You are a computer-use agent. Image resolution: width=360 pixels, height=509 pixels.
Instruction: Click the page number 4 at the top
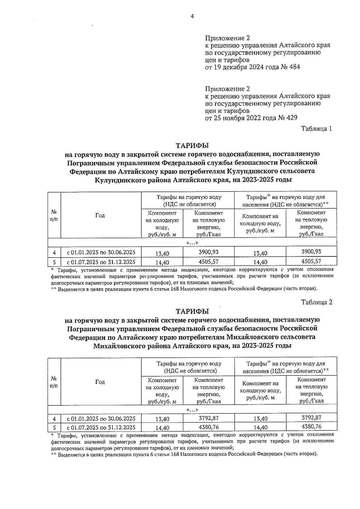[192, 17]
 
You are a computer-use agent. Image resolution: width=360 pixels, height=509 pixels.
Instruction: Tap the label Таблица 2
[316, 302]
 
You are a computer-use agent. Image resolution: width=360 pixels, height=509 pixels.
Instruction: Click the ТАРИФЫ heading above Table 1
[192, 146]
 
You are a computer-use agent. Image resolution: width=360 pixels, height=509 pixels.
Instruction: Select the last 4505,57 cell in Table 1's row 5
[311, 261]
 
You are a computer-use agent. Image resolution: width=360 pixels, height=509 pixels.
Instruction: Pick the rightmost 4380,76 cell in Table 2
[311, 426]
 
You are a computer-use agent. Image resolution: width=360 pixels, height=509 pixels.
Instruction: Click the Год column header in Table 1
[100, 215]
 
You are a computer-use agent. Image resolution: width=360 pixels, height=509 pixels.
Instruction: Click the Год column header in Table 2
[100, 382]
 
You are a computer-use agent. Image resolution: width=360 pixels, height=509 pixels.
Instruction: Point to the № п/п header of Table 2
[54, 382]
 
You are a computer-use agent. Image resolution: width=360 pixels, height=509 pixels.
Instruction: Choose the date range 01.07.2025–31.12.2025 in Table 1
[101, 262]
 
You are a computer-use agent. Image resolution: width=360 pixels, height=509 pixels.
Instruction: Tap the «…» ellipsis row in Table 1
[192, 243]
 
